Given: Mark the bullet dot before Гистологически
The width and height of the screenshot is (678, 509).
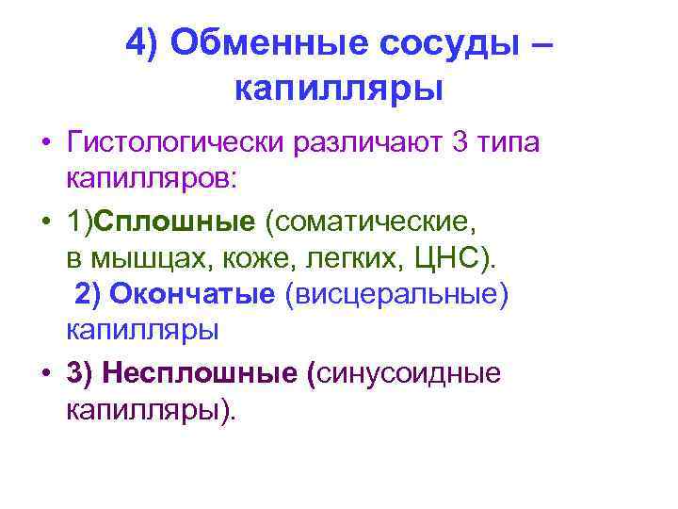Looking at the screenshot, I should (x=45, y=145).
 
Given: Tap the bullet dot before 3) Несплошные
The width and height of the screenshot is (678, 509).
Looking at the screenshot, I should (x=45, y=373).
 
